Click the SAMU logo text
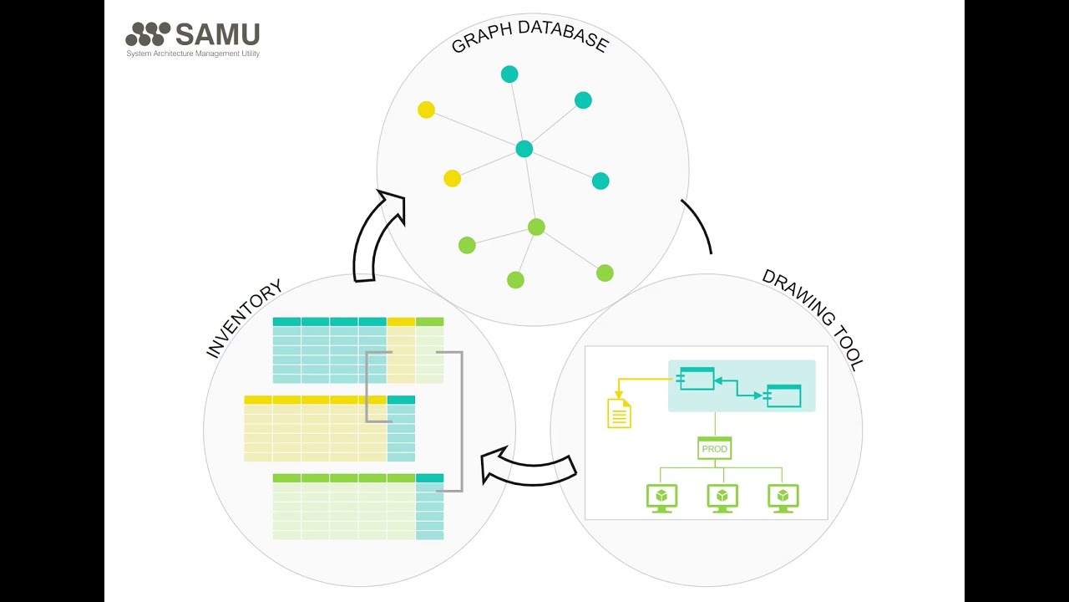click(217, 34)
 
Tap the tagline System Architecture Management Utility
click(193, 54)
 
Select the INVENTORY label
click(244, 319)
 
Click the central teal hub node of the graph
click(524, 149)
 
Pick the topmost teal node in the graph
click(509, 74)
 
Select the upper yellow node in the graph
click(426, 110)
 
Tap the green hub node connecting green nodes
click(536, 227)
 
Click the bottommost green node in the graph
click(515, 280)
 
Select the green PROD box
click(715, 449)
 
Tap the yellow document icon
click(619, 413)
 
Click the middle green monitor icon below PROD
click(722, 497)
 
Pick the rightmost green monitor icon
click(783, 497)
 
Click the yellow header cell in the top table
click(401, 322)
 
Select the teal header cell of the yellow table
click(401, 400)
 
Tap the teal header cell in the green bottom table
click(429, 478)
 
